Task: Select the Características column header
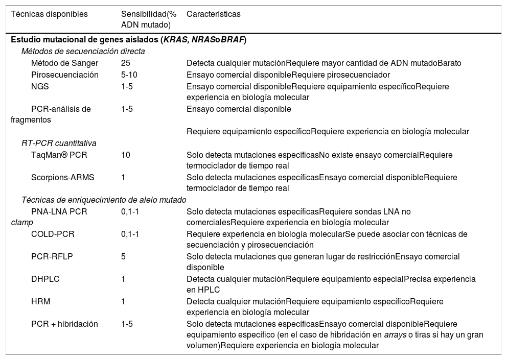[x=213, y=14]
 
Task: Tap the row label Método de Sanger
[x=64, y=63]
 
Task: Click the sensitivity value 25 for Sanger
[x=126, y=63]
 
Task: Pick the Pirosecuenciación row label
[x=64, y=75]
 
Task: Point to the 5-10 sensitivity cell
[x=129, y=75]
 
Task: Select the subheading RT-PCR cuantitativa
[x=59, y=143]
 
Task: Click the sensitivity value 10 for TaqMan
[x=126, y=155]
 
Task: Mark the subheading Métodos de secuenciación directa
[x=83, y=51]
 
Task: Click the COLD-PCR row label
[x=53, y=234]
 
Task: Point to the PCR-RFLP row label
[x=52, y=256]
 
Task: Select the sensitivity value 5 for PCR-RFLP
[x=124, y=256]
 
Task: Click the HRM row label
[x=40, y=301]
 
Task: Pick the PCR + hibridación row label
[x=64, y=324]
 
